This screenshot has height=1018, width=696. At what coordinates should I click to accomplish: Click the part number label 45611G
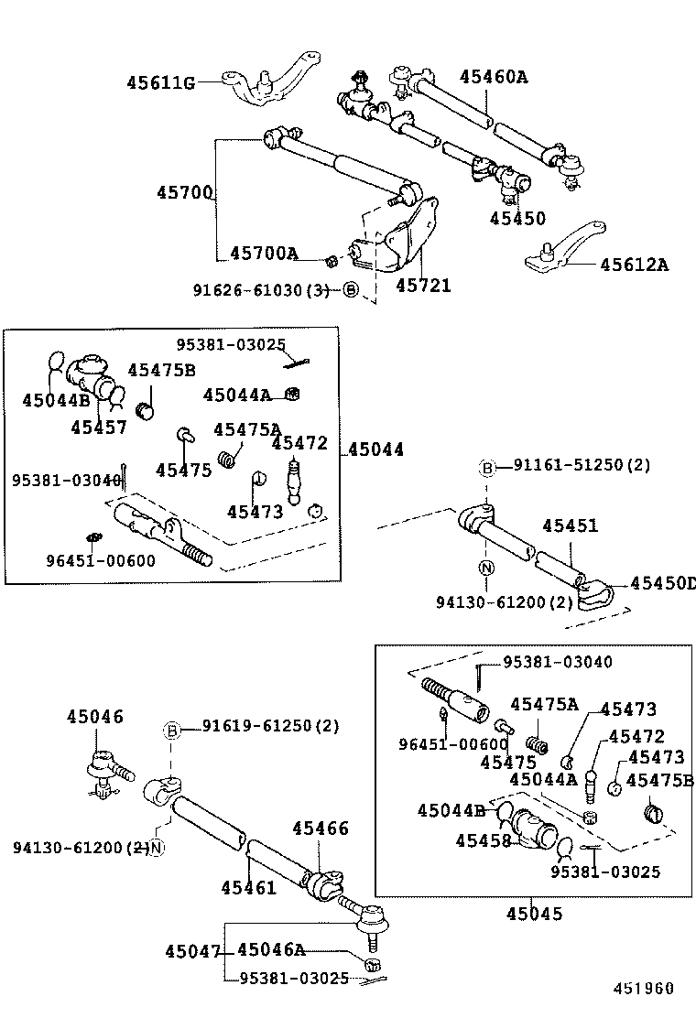click(160, 83)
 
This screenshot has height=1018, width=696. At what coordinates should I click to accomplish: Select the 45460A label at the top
click(494, 77)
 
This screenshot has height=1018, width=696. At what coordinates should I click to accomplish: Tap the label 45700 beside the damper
click(184, 193)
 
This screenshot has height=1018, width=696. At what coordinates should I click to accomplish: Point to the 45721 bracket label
click(423, 286)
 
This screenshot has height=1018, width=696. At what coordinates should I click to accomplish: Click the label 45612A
click(634, 265)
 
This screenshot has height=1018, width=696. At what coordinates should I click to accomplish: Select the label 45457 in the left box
click(99, 427)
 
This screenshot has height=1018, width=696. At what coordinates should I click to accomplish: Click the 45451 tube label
click(570, 525)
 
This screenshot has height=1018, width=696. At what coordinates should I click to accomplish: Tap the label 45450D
click(662, 584)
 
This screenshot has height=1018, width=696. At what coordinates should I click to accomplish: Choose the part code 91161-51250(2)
click(582, 465)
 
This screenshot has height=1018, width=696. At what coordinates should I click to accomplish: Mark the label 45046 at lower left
click(93, 717)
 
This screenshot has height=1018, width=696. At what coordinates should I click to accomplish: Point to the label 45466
click(321, 828)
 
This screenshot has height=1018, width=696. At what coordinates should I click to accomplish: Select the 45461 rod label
click(248, 887)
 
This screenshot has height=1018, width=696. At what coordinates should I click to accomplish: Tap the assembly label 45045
click(535, 914)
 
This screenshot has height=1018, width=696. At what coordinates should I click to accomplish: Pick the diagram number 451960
click(643, 989)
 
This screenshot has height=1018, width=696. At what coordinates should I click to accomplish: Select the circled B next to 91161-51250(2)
click(488, 469)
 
